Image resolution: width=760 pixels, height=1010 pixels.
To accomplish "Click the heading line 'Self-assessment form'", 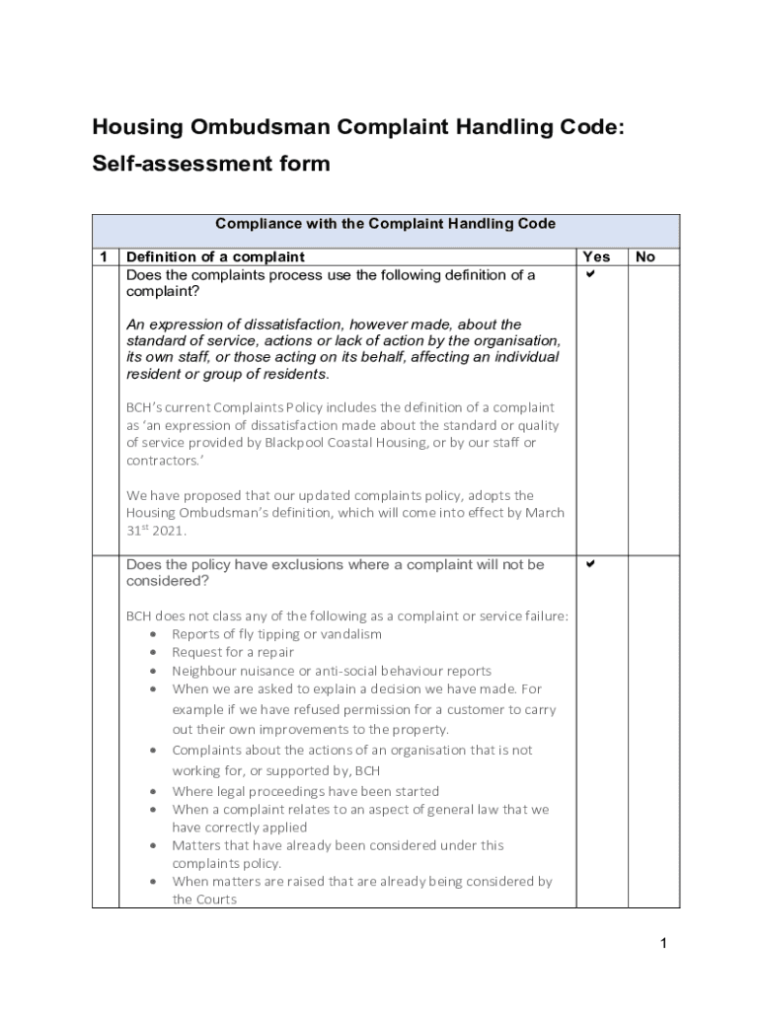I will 210,164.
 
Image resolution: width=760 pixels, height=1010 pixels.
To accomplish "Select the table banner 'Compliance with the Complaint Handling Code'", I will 385,224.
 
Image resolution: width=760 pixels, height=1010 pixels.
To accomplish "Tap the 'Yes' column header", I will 596,256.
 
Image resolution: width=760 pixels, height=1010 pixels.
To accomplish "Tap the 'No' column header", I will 645,256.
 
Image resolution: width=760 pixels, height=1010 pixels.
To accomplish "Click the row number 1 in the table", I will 104,256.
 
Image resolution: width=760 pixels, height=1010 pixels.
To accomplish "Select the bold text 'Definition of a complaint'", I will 215,256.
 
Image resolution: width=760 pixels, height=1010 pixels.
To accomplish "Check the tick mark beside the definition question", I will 590,274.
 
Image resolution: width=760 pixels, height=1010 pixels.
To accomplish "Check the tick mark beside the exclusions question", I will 590,564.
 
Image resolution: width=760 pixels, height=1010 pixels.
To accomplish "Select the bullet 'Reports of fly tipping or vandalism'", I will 276,634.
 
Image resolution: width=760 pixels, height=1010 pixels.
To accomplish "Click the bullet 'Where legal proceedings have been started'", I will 305,791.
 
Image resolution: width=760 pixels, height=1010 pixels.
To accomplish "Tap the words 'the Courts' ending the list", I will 204,900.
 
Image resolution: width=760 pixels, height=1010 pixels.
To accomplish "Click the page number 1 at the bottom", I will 664,944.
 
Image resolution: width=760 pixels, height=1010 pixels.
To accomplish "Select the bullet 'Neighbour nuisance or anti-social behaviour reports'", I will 331,671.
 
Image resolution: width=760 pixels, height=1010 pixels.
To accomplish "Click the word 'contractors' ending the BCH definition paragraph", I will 161,461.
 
